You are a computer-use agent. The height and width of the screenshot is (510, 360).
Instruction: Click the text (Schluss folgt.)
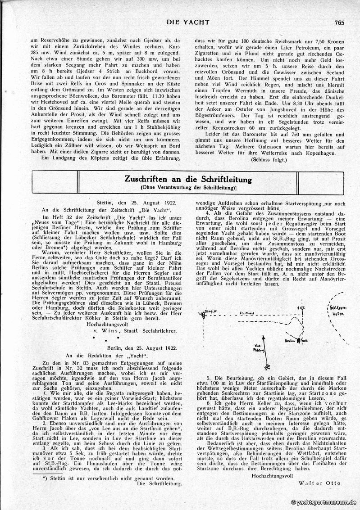(x=269, y=160)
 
